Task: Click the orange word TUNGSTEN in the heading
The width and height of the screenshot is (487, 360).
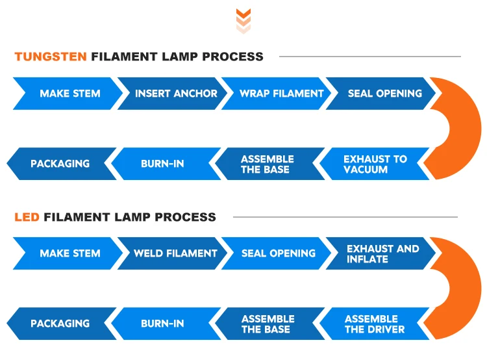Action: pyautogui.click(x=51, y=57)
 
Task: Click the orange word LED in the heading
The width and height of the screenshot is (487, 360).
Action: pyautogui.click(x=27, y=216)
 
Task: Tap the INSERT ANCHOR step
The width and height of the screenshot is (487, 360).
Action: pyautogui.click(x=176, y=94)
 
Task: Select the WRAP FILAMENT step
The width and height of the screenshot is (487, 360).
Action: pyautogui.click(x=281, y=94)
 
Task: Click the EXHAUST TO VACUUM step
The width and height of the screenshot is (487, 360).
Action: pyautogui.click(x=375, y=164)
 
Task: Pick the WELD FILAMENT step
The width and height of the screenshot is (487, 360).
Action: pyautogui.click(x=175, y=253)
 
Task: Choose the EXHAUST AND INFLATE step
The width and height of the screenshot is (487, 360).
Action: pyautogui.click(x=382, y=253)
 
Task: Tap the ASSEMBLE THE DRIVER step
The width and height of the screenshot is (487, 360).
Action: pyautogui.click(x=375, y=324)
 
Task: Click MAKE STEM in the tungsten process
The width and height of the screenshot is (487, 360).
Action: pyautogui.click(x=70, y=94)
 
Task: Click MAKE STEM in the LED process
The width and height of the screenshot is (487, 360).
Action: pyautogui.click(x=70, y=253)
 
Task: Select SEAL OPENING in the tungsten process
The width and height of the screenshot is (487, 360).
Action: pyautogui.click(x=384, y=94)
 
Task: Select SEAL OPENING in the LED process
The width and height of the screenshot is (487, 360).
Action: pyautogui.click(x=279, y=253)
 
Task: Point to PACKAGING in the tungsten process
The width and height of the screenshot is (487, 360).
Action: pyautogui.click(x=60, y=164)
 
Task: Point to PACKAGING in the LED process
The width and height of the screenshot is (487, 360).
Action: pyautogui.click(x=60, y=324)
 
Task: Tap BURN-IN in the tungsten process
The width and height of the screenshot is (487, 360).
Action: pyautogui.click(x=162, y=164)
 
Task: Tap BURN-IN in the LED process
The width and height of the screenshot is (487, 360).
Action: pyautogui.click(x=162, y=324)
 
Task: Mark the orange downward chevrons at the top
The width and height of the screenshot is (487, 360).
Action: pyautogui.click(x=243, y=21)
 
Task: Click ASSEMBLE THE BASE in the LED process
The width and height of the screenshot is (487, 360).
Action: pyautogui.click(x=268, y=324)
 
